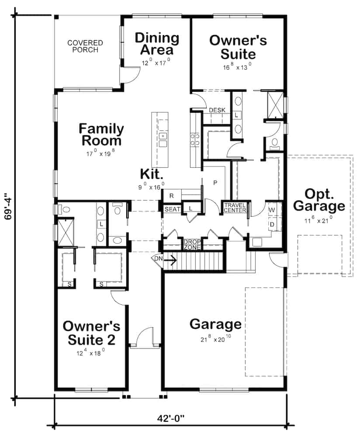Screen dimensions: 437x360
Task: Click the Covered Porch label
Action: point(85,46)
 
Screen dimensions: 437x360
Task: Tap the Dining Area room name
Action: point(156,44)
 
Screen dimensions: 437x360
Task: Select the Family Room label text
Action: point(101,135)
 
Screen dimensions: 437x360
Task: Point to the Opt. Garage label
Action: point(319,200)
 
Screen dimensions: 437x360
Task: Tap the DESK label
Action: point(217,110)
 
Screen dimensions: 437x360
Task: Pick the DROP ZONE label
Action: point(192,244)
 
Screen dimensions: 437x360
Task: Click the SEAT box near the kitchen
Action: point(172,209)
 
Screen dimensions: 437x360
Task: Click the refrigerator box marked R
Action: point(172,195)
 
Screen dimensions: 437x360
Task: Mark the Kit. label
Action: point(152,173)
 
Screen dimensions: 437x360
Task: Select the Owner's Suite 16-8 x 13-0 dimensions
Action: point(238,67)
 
